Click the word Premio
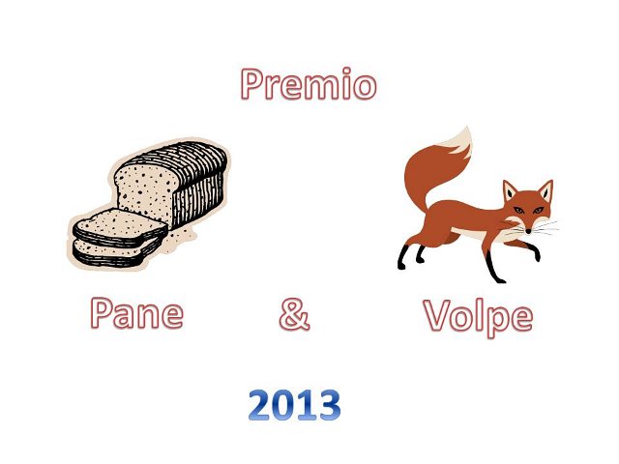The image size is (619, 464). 309,84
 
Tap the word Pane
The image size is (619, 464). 137,313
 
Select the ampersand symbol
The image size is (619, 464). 294,314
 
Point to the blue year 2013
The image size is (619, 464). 294,405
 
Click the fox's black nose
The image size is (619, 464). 528,231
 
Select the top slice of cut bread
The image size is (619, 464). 120,227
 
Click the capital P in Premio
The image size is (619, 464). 251,84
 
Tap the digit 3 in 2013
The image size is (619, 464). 330,405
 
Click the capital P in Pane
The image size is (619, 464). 101,313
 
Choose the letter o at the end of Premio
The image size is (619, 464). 365,88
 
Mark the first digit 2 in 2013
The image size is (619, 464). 260,405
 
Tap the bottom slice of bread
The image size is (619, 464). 114,252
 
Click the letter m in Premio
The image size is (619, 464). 322,87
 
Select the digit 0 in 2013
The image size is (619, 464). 283,405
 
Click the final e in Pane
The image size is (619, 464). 173,317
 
